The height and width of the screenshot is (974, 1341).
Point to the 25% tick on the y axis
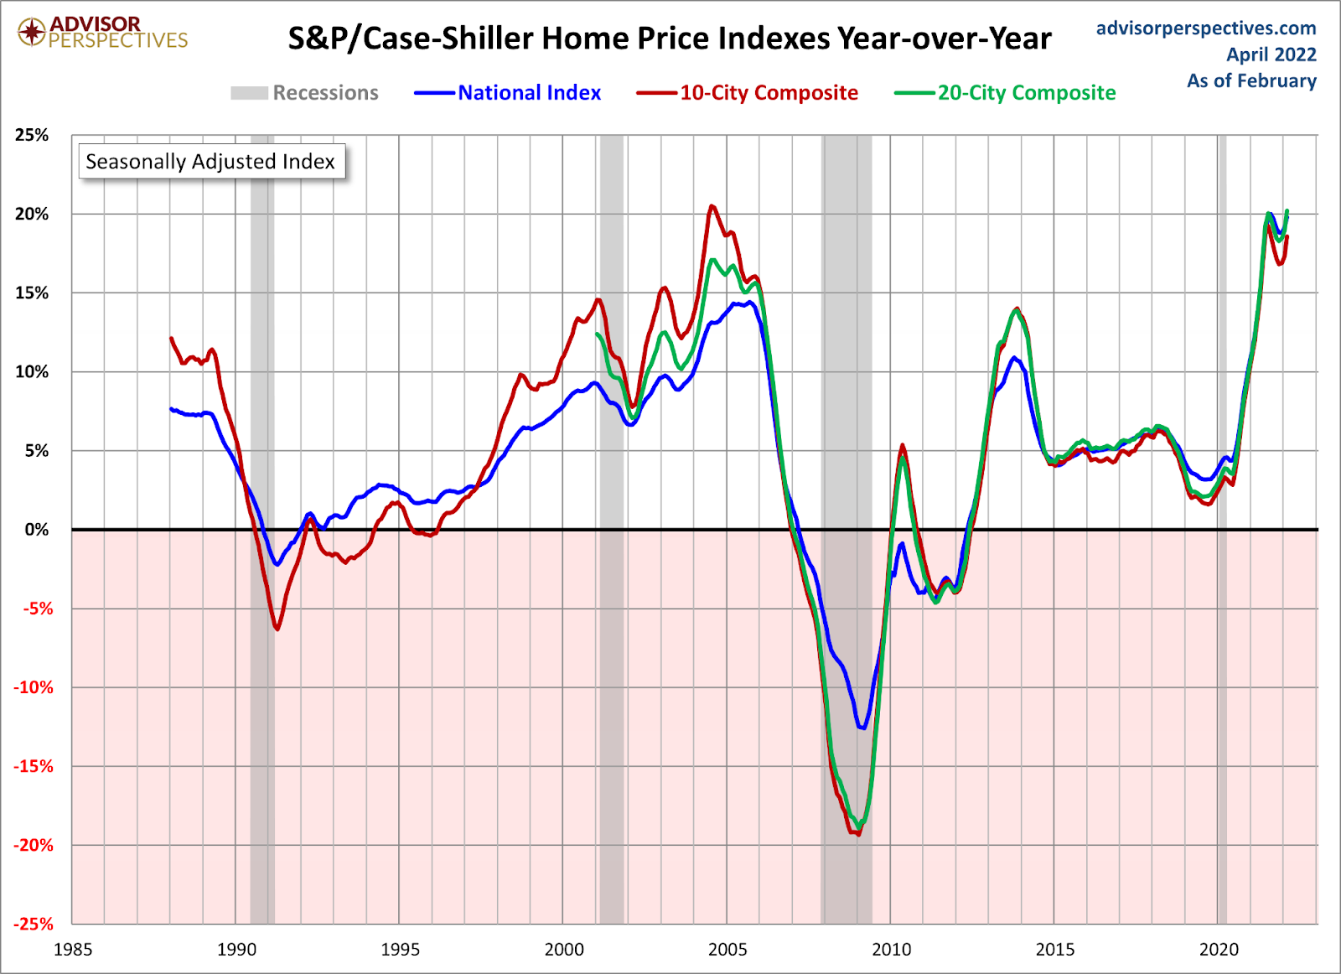tap(32, 135)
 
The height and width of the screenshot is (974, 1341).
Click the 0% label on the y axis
tap(37, 530)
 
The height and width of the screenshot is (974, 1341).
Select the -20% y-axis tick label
tap(34, 845)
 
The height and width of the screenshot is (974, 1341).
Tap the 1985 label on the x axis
tap(73, 950)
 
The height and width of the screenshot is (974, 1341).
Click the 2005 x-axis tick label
tap(727, 950)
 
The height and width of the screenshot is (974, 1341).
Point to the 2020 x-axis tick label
tap(1219, 950)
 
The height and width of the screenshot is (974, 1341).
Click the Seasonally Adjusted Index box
tap(210, 161)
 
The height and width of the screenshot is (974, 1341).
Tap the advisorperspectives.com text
tap(1206, 28)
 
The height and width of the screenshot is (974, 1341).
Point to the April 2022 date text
tap(1271, 54)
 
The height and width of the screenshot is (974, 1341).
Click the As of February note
tap(1251, 80)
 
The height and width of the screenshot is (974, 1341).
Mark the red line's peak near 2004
tap(712, 205)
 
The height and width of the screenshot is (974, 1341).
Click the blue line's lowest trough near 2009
tap(862, 728)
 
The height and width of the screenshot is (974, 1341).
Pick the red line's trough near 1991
tap(277, 629)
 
